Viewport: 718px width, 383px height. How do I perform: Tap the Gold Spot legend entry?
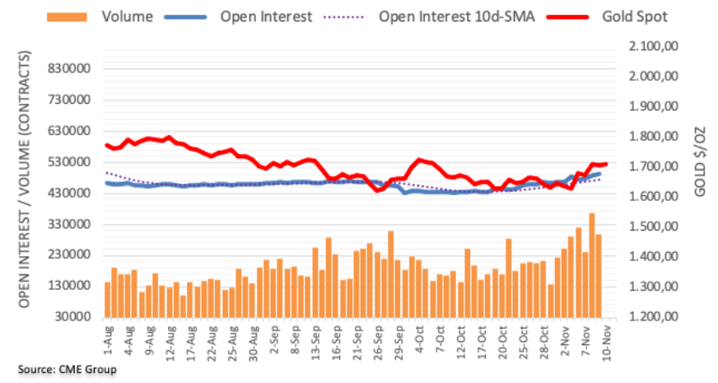pyautogui.click(x=634, y=16)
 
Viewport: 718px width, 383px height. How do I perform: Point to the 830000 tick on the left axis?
pyautogui.click(x=68, y=69)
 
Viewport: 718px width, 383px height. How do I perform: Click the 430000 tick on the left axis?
pyautogui.click(x=68, y=193)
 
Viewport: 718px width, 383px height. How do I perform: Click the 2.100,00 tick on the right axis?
pyautogui.click(x=650, y=47)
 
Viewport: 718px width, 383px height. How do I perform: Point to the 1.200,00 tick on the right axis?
pyautogui.click(x=650, y=317)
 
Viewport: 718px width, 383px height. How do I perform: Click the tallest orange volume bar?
pyautogui.click(x=591, y=264)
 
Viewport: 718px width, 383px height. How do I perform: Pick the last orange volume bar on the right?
pyautogui.click(x=599, y=275)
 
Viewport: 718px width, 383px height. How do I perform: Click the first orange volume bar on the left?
pyautogui.click(x=107, y=299)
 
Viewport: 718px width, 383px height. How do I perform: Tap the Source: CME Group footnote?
pyautogui.click(x=68, y=369)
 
